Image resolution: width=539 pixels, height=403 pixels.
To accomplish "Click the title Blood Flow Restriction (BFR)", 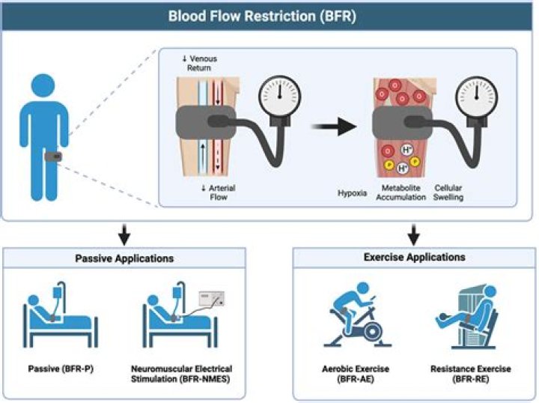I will [x=269, y=15].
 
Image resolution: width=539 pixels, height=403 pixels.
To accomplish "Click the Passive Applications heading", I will [x=124, y=258].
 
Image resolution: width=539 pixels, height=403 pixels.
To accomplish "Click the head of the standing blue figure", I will [x=46, y=82].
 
